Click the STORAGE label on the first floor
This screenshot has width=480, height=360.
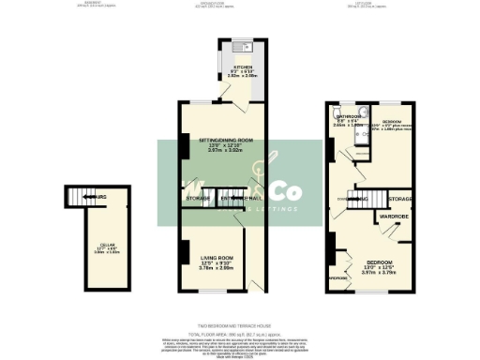tap(401, 200)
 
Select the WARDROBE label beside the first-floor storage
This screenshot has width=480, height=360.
tap(393, 217)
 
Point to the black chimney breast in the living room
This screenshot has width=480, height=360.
tap(184, 252)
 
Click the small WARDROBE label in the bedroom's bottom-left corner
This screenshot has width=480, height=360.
tap(338, 278)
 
